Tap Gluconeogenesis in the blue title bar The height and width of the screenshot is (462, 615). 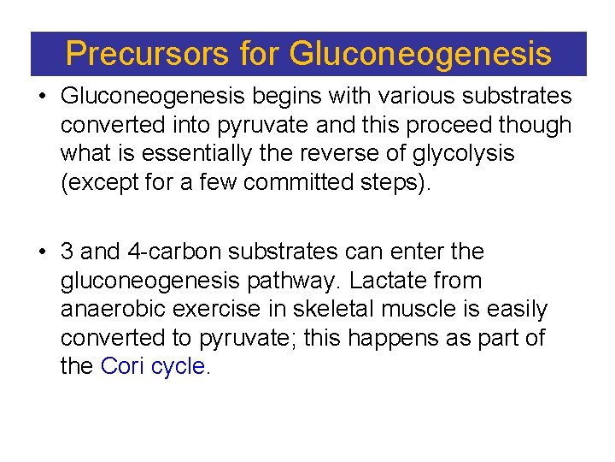(x=420, y=54)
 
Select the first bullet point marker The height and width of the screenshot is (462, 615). (x=42, y=96)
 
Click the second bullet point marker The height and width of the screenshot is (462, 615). (x=42, y=252)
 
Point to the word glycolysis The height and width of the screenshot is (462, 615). (x=466, y=153)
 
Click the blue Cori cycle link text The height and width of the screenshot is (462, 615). (x=153, y=366)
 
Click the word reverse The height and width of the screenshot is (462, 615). (x=354, y=153)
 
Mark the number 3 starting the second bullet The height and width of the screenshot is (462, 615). (x=67, y=252)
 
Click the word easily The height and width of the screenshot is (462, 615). (x=514, y=309)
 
